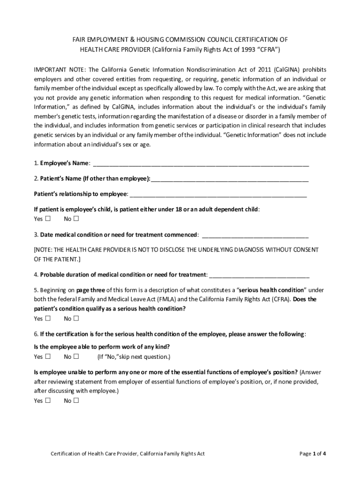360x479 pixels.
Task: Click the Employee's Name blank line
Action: (201, 164)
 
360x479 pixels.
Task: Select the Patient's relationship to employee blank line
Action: (218, 195)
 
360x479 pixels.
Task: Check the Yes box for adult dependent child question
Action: (48, 218)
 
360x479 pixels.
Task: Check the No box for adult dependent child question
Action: (76, 218)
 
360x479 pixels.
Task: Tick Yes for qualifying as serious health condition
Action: (48, 319)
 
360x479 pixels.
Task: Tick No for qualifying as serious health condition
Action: (76, 319)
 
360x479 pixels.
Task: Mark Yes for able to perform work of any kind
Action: (48, 357)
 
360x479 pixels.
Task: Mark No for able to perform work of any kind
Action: (76, 357)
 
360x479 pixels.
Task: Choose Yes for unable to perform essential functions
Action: (48, 400)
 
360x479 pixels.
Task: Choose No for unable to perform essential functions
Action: (76, 400)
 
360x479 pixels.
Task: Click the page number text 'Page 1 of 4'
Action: (312, 453)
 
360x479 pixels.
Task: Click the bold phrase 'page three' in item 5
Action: (91, 290)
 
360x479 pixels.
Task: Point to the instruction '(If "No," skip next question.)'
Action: (134, 357)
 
